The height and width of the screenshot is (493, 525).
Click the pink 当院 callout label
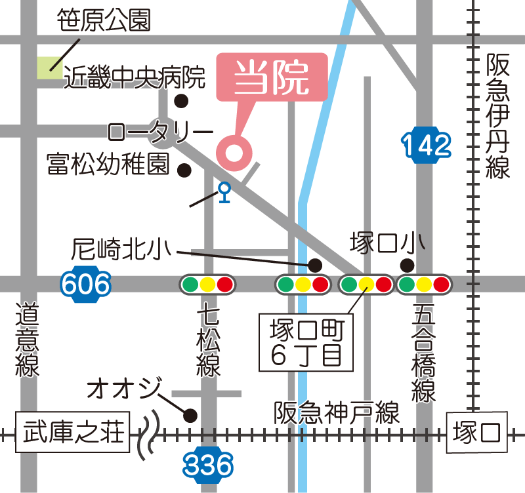[272, 77]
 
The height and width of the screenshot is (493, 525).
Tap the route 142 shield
[427, 144]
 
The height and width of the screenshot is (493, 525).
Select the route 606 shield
[85, 285]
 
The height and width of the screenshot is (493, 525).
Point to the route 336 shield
[208, 465]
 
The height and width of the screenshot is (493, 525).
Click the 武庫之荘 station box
[73, 433]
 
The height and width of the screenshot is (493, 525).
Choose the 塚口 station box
[477, 433]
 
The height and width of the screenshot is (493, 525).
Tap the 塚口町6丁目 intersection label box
[306, 342]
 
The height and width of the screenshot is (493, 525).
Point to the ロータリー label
[161, 132]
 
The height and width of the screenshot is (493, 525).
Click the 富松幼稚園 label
[108, 164]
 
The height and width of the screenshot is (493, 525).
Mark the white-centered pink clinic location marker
[234, 153]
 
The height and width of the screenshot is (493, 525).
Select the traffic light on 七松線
[207, 285]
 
